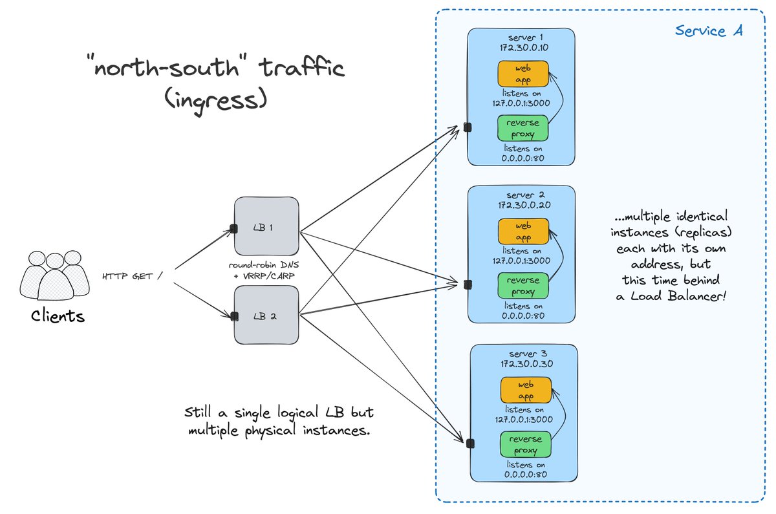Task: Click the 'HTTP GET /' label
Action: [132, 277]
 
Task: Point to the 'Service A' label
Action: [709, 30]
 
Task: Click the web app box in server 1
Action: [523, 74]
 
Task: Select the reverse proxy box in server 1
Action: [523, 128]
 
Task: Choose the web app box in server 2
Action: [523, 231]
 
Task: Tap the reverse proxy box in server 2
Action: [523, 285]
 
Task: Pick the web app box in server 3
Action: [526, 391]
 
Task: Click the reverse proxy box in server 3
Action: [526, 444]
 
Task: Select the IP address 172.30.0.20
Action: [523, 204]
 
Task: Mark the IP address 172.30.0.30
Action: [525, 364]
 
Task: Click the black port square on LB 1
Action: [235, 228]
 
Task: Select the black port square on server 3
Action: [470, 443]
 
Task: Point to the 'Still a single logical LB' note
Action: [278, 421]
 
